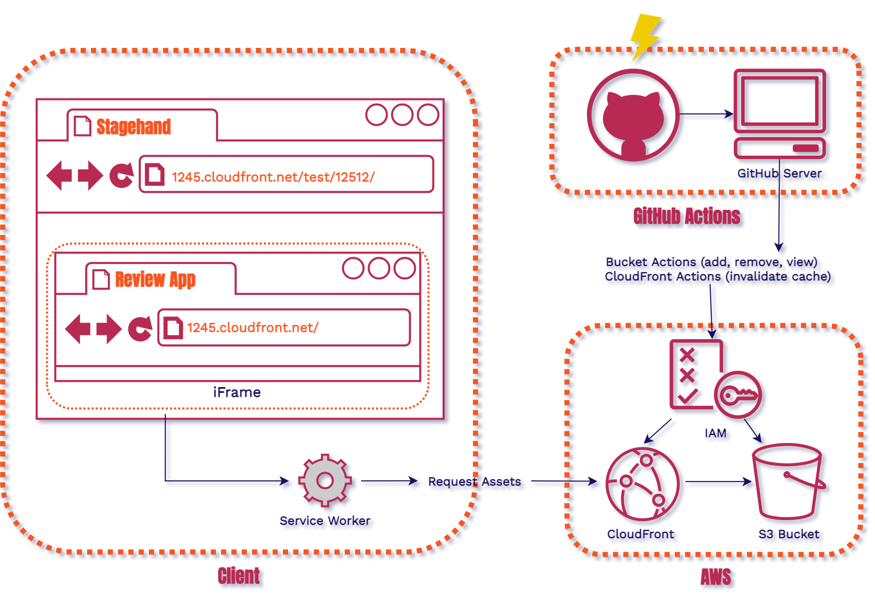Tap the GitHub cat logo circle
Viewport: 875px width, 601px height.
(x=634, y=118)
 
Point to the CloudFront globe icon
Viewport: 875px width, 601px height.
(x=644, y=485)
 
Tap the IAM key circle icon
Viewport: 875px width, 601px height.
(x=739, y=396)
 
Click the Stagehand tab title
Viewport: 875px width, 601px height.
(x=133, y=127)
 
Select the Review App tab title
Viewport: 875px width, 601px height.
(x=155, y=279)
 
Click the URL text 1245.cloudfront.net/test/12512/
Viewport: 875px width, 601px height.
(x=273, y=177)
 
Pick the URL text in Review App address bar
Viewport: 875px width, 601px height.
(x=253, y=328)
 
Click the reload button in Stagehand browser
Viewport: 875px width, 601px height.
(x=122, y=175)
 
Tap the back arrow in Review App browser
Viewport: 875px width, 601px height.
(x=78, y=328)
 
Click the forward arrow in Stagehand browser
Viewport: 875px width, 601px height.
(x=91, y=175)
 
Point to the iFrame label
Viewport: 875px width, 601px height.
(x=237, y=393)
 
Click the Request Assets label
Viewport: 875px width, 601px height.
(x=475, y=482)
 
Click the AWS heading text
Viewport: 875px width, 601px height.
(x=717, y=577)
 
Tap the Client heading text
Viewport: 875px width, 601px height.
(x=240, y=576)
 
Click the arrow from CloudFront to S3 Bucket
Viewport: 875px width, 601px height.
(x=721, y=484)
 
